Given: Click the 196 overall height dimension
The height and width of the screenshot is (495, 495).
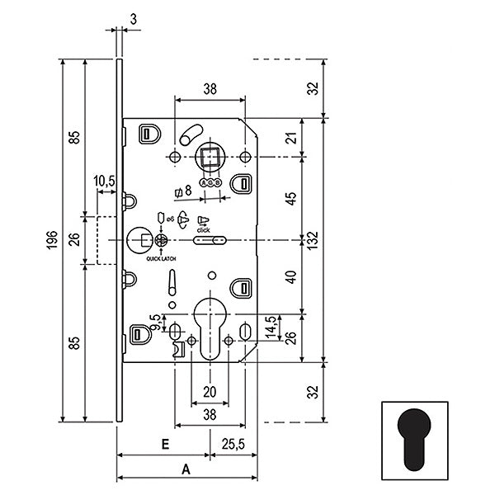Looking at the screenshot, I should coord(51,240).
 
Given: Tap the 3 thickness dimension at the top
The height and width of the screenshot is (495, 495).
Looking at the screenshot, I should coord(133,17).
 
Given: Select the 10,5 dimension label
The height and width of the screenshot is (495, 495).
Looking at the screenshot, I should coord(105,181).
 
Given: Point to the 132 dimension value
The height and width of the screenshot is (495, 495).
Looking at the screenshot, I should coord(314,240).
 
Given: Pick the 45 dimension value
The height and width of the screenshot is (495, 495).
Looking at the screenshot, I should coord(290,199).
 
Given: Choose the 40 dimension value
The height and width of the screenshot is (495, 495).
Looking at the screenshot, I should coord(290,277).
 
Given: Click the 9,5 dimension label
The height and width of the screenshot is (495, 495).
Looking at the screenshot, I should coord(153,320).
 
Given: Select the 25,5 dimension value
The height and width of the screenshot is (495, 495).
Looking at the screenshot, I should coord(233,444).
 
